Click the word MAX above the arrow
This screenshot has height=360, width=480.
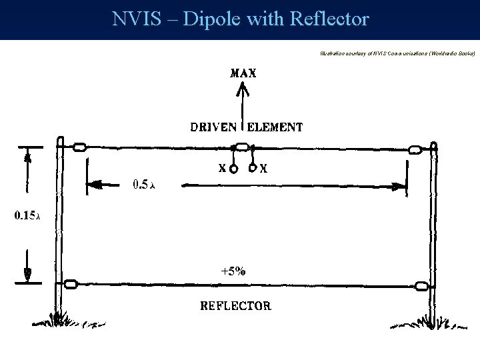tap(242, 73)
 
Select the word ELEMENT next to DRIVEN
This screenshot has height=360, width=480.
tap(275, 127)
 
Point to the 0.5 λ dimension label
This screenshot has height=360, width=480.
tap(143, 183)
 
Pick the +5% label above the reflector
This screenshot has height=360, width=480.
tap(234, 271)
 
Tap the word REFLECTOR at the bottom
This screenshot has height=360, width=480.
tap(236, 307)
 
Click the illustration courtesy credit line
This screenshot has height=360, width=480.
tap(397, 52)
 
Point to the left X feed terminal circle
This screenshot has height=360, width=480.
tap(234, 169)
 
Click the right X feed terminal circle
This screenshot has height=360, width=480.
tap(253, 169)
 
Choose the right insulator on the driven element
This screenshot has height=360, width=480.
tap(417, 149)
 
